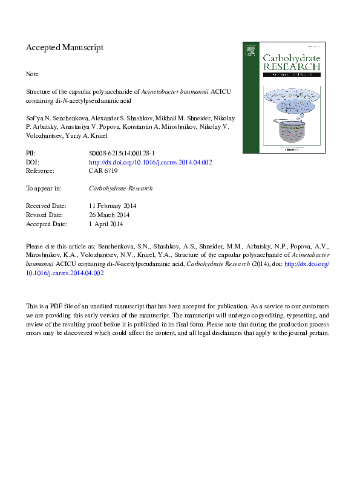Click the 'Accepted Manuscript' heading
click(65, 47)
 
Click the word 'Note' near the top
click(32, 74)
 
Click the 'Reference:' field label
click(41, 171)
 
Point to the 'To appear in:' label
click(44, 188)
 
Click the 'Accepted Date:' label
click(46, 224)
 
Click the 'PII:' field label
click(31, 154)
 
